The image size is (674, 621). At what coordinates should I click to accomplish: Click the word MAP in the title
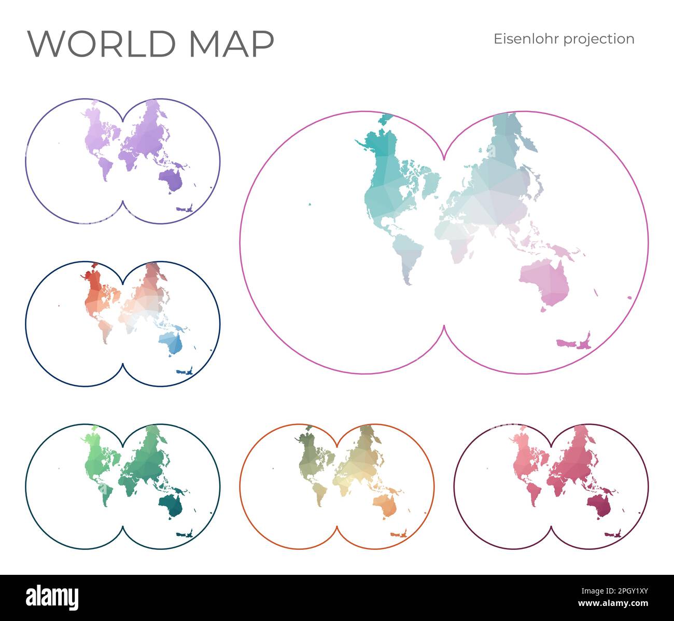point(231,44)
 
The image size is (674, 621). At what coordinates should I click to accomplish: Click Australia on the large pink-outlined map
point(547,282)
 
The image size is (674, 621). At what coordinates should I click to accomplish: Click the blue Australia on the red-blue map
point(173,343)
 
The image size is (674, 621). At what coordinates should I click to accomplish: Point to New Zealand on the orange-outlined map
point(399,533)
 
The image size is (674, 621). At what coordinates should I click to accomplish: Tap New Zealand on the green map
point(185,533)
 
